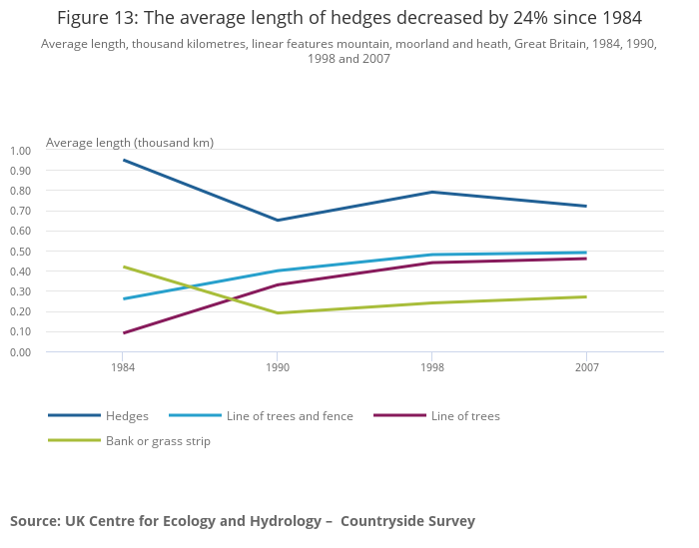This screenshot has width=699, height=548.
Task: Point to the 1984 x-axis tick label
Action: pos(123,368)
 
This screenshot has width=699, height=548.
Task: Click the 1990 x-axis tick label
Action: pos(278,368)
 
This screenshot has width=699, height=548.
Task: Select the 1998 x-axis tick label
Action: pos(431,368)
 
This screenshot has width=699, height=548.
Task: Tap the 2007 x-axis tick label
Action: pos(586,368)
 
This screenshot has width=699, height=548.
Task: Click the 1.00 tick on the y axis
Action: pos(21,151)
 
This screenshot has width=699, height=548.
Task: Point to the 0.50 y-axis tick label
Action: pos(21,252)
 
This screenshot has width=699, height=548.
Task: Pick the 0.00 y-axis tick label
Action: pos(21,352)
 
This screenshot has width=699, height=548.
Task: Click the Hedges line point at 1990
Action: pos(278,221)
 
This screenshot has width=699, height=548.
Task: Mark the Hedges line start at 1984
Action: pos(123,160)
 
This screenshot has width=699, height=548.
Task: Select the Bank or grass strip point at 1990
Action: pos(278,313)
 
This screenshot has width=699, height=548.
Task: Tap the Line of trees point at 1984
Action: pos(123,333)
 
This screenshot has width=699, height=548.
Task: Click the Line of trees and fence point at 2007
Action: pos(586,253)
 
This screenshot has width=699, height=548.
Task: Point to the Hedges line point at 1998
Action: pos(431,192)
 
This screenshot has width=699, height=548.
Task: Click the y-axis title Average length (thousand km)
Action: pos(130,143)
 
